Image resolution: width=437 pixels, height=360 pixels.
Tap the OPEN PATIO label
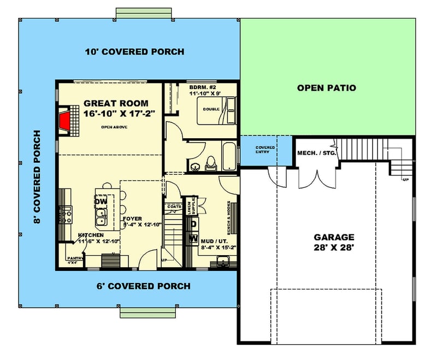326,87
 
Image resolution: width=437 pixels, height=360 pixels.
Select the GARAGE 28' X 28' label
334,242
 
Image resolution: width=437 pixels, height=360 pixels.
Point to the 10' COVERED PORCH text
134,52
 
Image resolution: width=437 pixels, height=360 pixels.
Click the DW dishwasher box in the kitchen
101,202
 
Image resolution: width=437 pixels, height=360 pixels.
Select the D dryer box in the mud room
193,224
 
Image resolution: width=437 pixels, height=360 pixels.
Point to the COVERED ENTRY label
265,149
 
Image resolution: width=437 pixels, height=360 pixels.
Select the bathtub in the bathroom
231,156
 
